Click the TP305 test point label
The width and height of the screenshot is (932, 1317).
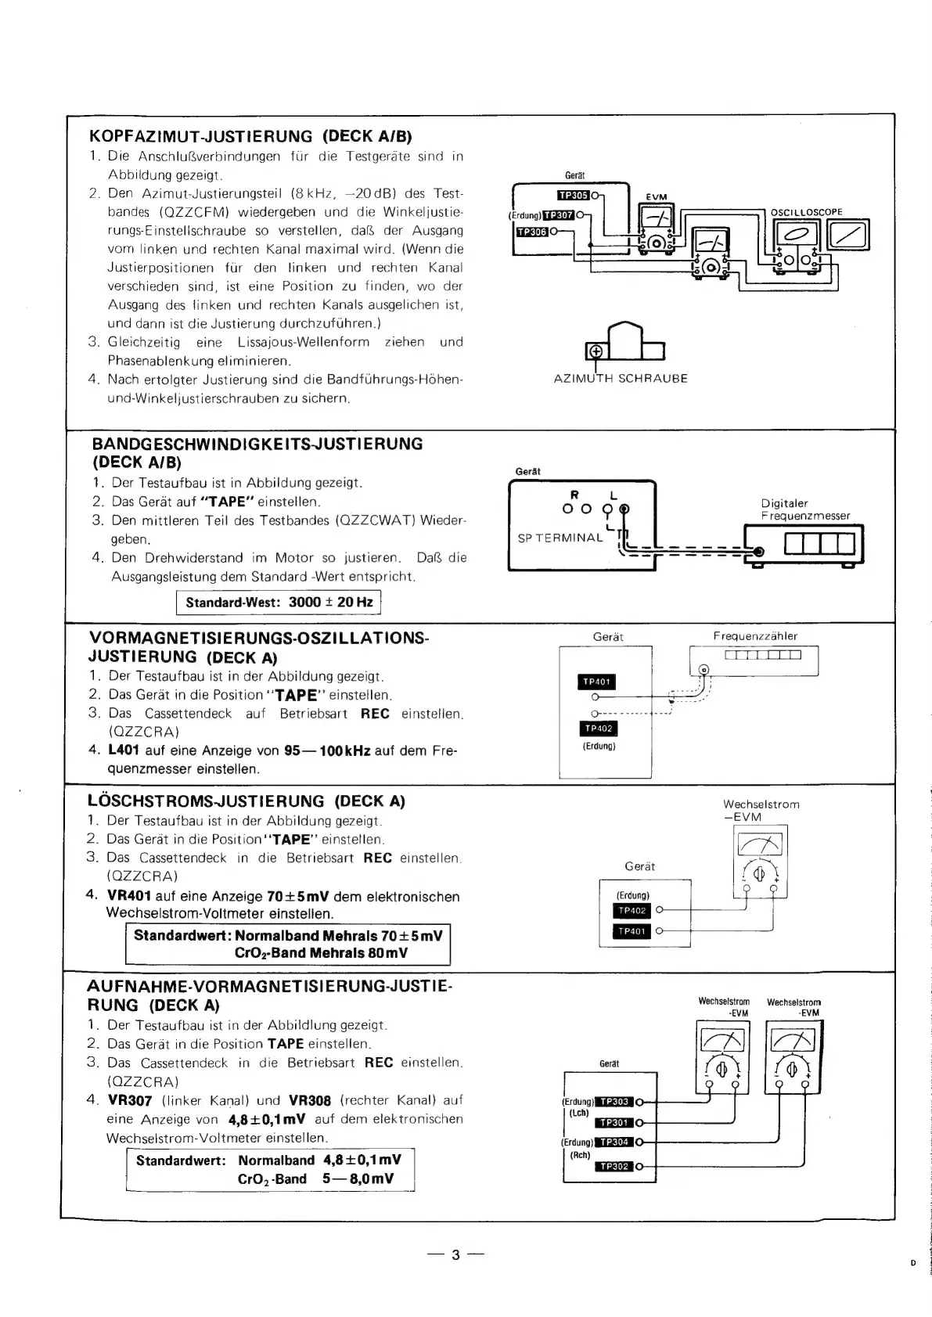pyautogui.click(x=573, y=196)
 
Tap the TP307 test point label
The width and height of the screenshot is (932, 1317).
pyautogui.click(x=560, y=215)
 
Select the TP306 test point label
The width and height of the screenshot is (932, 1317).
pyautogui.click(x=532, y=232)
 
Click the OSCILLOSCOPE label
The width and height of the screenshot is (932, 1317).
pyautogui.click(x=806, y=212)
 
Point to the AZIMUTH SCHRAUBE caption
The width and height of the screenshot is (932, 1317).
pyautogui.click(x=621, y=379)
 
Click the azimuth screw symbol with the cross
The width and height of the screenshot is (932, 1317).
pyautogui.click(x=596, y=351)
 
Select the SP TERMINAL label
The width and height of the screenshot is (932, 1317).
pyautogui.click(x=560, y=538)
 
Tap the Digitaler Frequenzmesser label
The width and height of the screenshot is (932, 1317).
pyautogui.click(x=804, y=509)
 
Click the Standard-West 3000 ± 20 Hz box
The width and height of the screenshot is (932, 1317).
pyautogui.click(x=279, y=603)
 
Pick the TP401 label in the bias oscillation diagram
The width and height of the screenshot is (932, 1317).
pyautogui.click(x=596, y=682)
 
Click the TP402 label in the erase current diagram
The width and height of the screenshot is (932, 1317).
pyautogui.click(x=632, y=911)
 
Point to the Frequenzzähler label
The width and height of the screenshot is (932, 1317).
pyautogui.click(x=755, y=636)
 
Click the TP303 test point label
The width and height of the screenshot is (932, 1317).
pyautogui.click(x=614, y=1102)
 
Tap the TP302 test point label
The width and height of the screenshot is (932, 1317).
pyautogui.click(x=614, y=1167)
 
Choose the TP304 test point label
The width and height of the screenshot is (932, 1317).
pyautogui.click(x=614, y=1142)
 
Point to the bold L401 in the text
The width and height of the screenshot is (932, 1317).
pyautogui.click(x=124, y=750)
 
